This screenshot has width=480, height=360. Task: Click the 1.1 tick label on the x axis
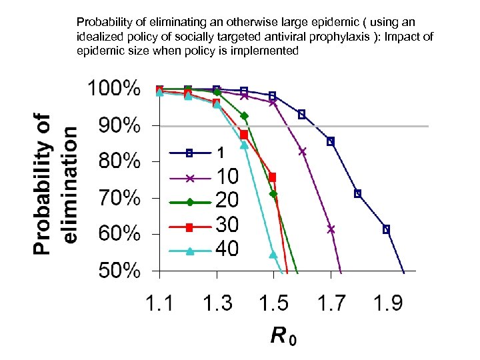click(x=159, y=303)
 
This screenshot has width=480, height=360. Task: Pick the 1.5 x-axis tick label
click(x=273, y=303)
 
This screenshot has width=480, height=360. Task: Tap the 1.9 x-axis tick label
click(x=387, y=303)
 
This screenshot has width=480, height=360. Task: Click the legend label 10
click(x=227, y=177)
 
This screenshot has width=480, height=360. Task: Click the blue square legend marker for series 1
click(x=189, y=153)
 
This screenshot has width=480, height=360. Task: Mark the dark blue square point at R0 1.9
click(x=386, y=229)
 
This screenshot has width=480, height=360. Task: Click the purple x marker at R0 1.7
click(x=331, y=229)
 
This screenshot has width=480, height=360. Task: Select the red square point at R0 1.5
click(x=272, y=177)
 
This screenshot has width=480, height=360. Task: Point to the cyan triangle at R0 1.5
click(x=273, y=254)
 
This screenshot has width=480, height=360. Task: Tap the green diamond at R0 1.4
click(x=245, y=116)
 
